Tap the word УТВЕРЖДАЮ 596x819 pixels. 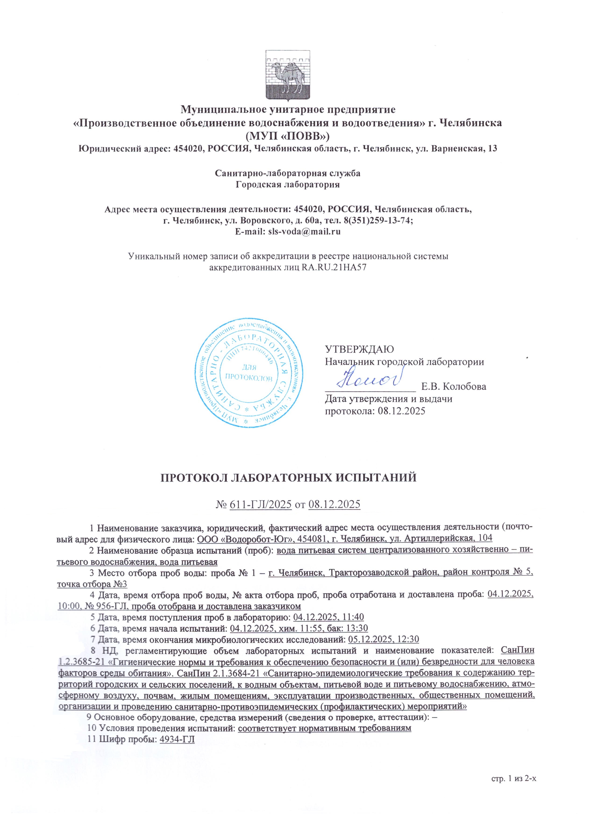[x=360, y=349]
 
